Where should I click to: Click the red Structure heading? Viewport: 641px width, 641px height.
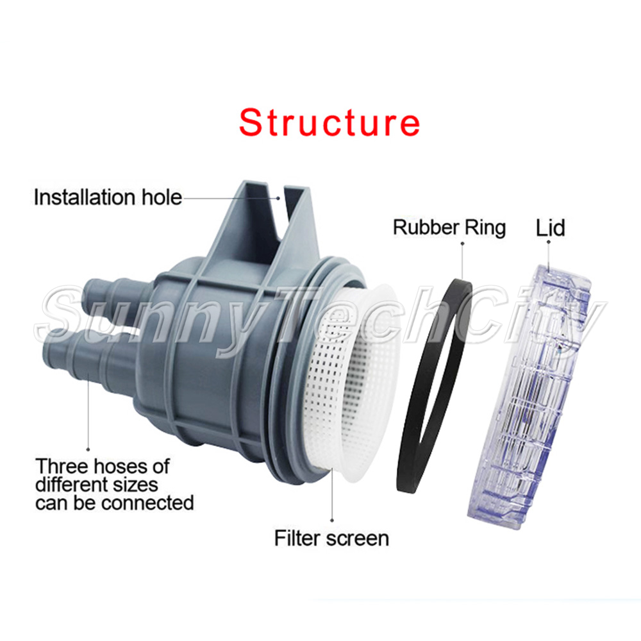329,122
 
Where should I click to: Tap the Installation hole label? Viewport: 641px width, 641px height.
108,197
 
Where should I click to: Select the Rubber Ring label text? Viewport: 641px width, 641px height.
449,228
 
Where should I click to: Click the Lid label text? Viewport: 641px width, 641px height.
550,228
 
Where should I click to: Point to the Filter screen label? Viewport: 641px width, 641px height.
331,538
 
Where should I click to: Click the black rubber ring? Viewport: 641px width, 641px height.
434,385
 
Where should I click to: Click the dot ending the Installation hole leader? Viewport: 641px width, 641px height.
278,198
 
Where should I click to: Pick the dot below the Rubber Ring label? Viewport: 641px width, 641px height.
462,244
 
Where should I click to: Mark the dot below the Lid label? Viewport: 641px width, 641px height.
549,242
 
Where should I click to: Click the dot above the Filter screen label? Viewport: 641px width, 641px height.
332,520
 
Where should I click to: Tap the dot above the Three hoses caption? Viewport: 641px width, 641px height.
88,449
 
